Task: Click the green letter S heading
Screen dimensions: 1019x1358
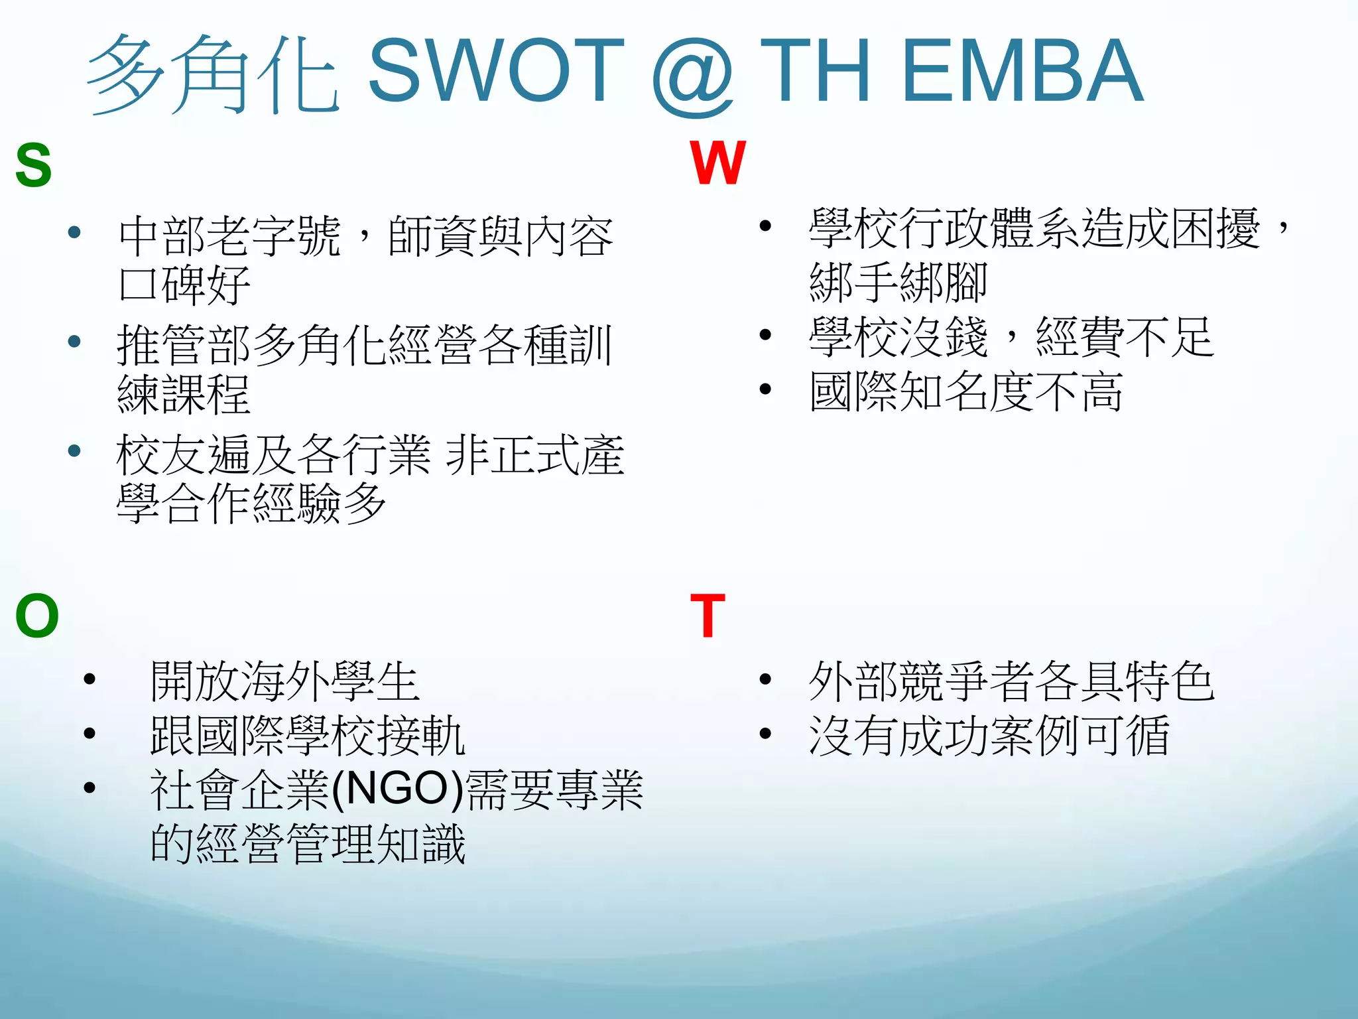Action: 33,165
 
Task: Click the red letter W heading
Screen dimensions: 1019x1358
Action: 717,163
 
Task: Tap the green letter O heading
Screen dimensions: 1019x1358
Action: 37,616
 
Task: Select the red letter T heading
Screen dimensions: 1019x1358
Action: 708,616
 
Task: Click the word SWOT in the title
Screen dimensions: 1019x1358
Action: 496,72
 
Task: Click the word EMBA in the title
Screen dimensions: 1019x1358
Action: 1022,72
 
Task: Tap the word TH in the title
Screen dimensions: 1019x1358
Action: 814,72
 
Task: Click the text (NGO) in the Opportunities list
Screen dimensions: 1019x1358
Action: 397,789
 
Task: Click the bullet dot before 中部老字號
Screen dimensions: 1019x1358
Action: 74,232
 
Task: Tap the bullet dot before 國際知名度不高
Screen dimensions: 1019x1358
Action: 765,389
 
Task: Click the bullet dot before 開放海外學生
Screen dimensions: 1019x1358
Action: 90,679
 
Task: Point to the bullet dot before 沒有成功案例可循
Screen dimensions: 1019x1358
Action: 765,733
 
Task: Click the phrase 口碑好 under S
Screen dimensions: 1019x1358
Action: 184,285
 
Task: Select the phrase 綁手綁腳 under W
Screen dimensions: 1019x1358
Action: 898,282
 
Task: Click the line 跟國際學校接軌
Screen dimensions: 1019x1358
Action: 308,735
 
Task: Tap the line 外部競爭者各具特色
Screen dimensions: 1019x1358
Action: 1011,681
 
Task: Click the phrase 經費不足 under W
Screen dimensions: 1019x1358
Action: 1125,337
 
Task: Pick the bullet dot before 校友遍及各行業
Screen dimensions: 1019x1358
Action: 74,451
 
